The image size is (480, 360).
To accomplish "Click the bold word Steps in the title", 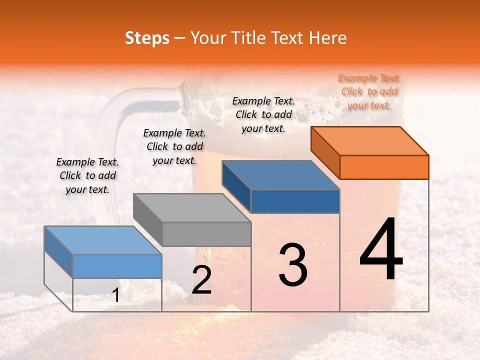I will tap(147, 38).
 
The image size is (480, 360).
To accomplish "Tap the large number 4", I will tap(381, 249).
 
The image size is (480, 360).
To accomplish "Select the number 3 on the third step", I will tap(293, 265).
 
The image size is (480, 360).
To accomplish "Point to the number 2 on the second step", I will tap(201, 280).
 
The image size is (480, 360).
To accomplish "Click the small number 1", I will tap(116, 295).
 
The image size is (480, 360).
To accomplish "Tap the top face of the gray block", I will tap(192, 208).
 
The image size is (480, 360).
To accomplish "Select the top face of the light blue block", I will tap(103, 240).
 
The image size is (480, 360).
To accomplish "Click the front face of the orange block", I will tap(384, 167).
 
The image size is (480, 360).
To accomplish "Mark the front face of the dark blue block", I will tap(295, 201).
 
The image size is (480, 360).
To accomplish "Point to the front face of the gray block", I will tap(206, 234).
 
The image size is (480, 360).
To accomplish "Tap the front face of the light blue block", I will tap(117, 266).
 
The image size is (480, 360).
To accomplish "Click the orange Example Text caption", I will tap(369, 91).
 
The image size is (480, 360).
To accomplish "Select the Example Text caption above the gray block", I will tap(174, 146).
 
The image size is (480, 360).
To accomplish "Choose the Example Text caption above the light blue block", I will tap(87, 175).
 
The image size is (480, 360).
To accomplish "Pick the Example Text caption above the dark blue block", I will tap(263, 114).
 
